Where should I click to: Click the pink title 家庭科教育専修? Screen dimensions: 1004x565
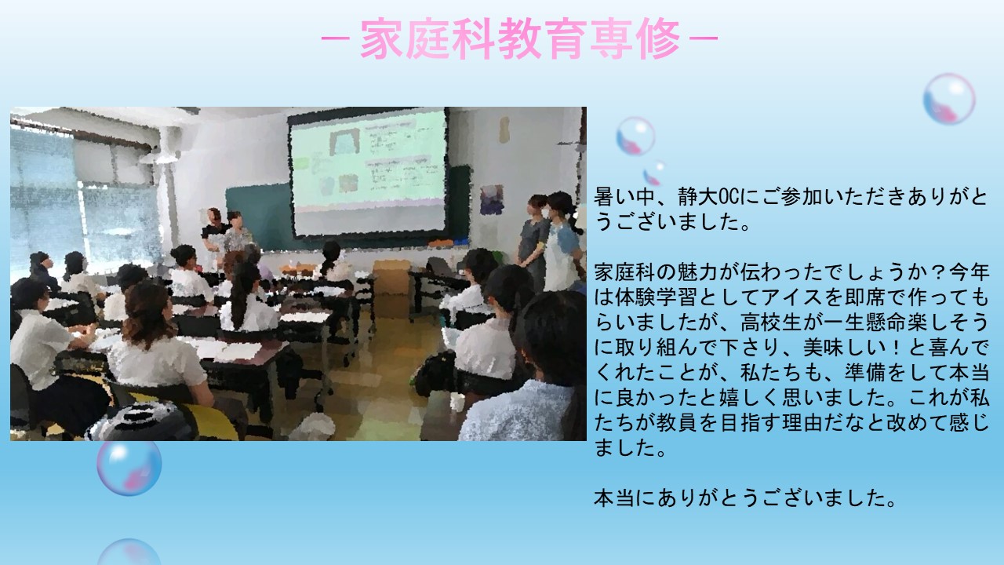tap(520, 38)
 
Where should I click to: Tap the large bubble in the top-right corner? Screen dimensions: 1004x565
tap(949, 99)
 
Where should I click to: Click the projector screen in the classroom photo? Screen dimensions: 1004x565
tap(369, 172)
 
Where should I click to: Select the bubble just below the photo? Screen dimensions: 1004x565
tap(129, 467)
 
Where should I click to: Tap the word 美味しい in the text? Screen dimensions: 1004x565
tap(845, 348)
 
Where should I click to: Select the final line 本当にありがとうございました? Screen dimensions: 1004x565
tap(744, 498)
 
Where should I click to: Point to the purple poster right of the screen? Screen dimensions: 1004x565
tap(492, 199)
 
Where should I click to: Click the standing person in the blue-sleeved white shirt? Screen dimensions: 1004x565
tap(562, 242)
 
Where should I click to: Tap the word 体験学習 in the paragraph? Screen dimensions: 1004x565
tap(657, 297)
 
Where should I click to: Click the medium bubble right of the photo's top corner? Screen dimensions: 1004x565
tap(635, 136)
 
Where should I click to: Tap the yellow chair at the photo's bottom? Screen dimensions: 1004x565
tap(211, 421)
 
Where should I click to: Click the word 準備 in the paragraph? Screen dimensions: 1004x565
tap(865, 373)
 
